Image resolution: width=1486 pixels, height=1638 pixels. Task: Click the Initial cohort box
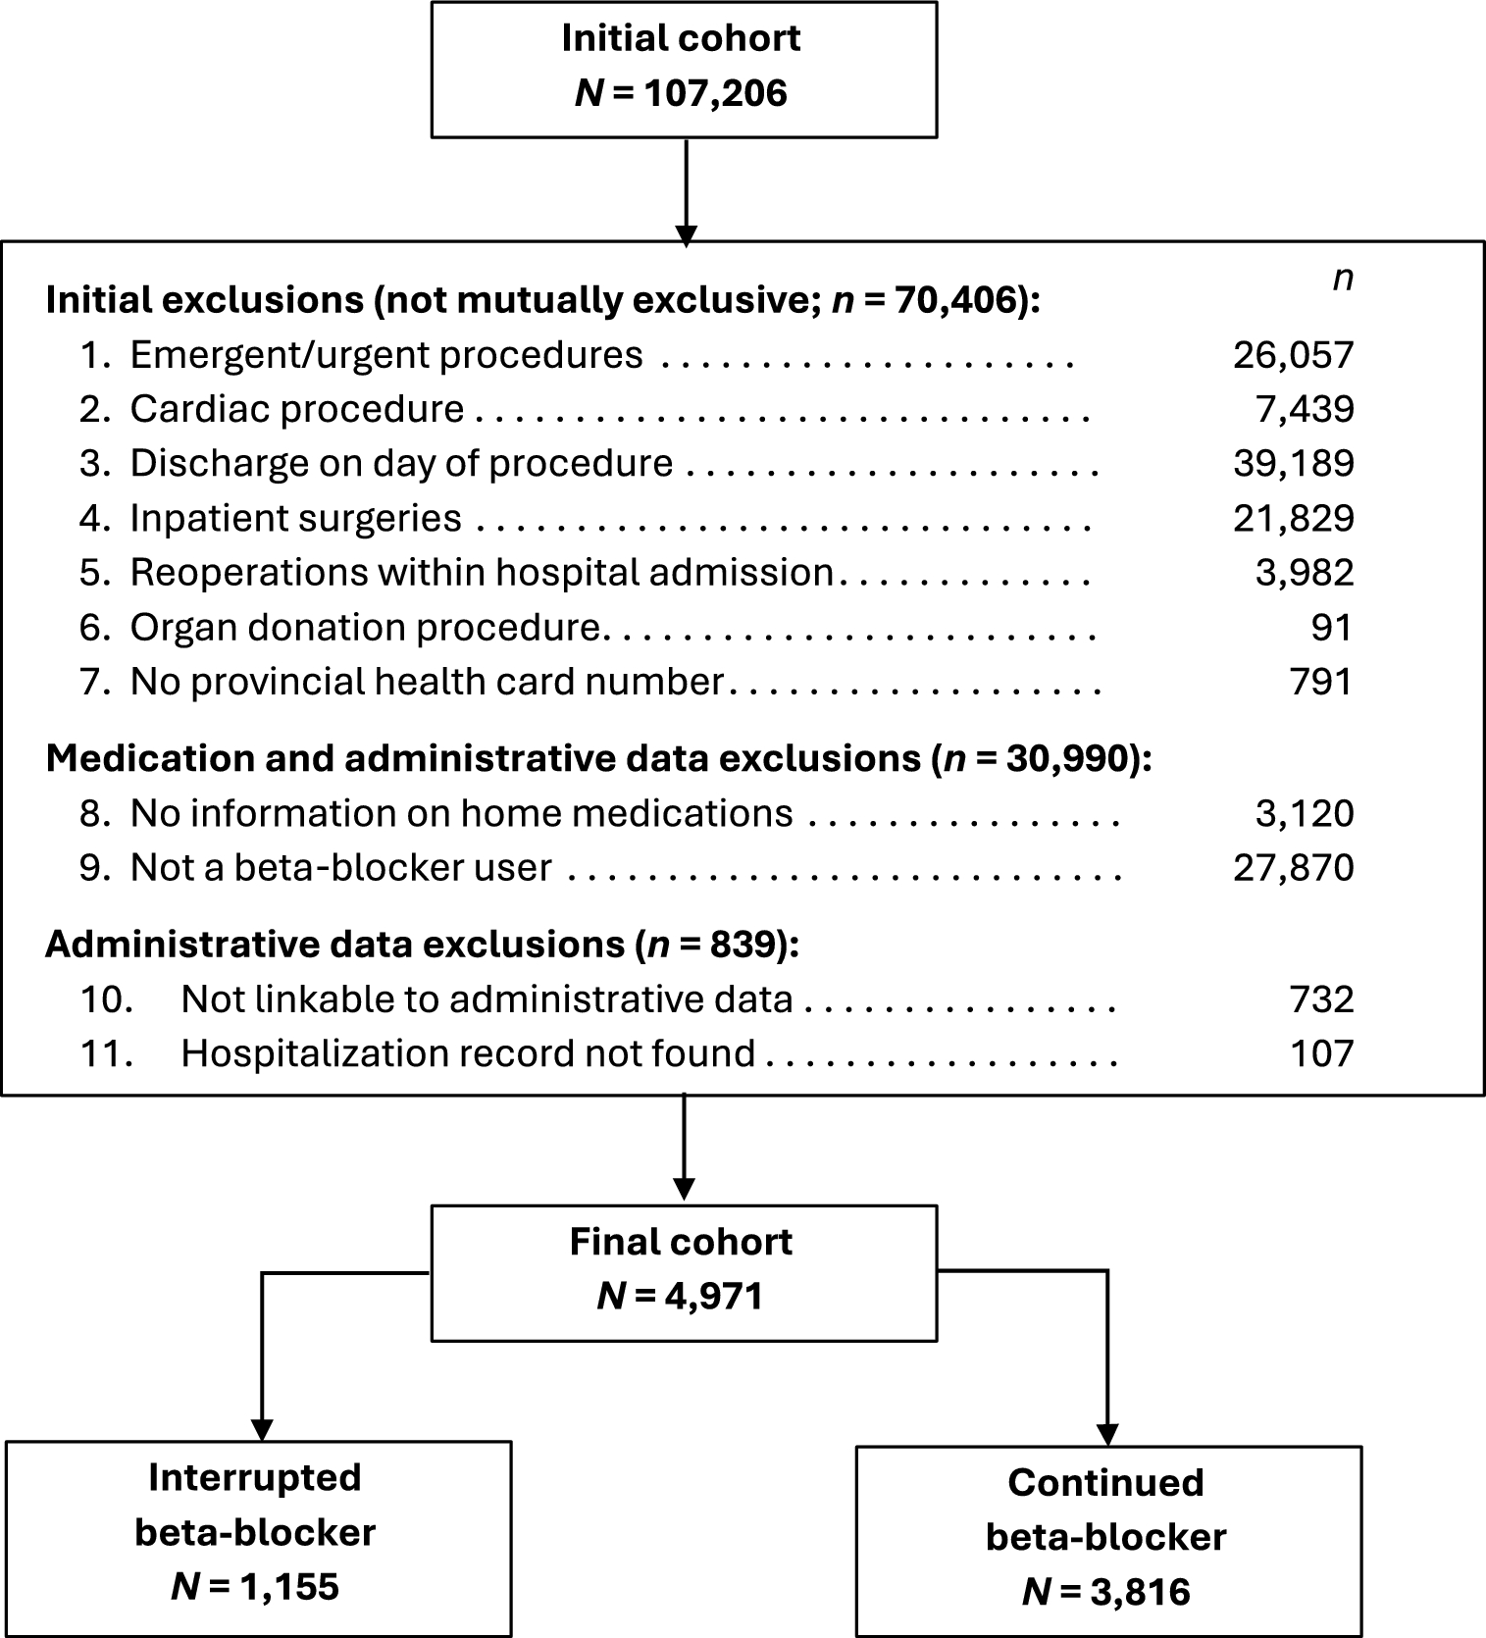click(684, 69)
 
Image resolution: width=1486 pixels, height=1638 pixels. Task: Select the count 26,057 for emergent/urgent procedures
click(1293, 355)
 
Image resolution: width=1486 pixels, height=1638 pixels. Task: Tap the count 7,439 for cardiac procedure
click(1305, 409)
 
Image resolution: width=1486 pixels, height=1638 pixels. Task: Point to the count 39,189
click(1293, 463)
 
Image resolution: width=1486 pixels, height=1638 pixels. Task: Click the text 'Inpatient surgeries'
click(295, 518)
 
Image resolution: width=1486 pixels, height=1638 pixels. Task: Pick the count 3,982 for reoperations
click(1305, 573)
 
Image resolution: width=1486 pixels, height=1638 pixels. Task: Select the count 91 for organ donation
click(1331, 628)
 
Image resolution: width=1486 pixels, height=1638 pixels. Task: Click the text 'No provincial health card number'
click(427, 682)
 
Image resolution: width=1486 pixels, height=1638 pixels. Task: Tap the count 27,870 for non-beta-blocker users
click(1293, 868)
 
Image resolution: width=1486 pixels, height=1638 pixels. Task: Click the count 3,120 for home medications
click(1305, 814)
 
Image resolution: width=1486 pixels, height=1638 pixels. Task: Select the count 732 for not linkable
click(1322, 999)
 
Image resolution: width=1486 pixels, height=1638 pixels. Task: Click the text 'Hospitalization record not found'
click(468, 1053)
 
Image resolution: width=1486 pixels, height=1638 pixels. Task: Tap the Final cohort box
click(684, 1272)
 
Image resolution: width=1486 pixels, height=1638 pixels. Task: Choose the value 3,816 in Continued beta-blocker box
click(1138, 1591)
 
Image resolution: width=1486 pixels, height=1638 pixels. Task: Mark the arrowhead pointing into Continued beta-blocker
click(1107, 1435)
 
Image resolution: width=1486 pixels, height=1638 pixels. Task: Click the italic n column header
click(1342, 279)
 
